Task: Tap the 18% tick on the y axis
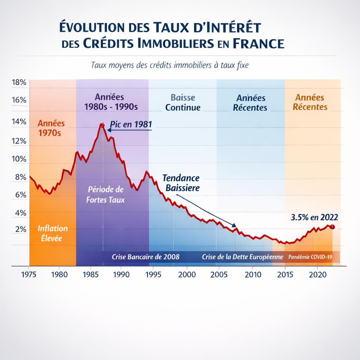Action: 19,83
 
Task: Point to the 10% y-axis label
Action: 19,159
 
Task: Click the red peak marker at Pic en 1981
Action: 102,125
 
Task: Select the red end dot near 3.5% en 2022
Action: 333,227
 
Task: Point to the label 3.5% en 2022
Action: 312,217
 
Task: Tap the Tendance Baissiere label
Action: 181,183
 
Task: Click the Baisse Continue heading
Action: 183,102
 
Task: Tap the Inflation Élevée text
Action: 53,233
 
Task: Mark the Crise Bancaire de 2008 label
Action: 146,257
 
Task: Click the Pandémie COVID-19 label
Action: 310,257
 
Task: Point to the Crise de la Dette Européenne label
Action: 243,257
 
